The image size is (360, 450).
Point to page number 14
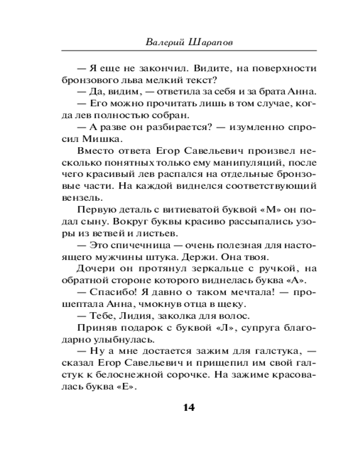pos(189,408)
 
